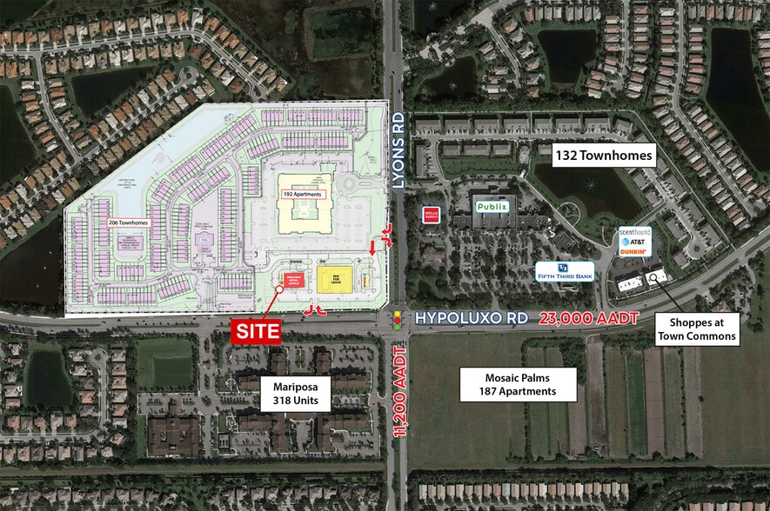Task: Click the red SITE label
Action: point(257,331)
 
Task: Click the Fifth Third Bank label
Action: point(565,271)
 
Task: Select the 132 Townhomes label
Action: point(604,156)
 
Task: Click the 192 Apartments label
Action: point(302,195)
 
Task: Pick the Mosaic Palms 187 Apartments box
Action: point(532,384)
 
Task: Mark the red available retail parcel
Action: point(291,279)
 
